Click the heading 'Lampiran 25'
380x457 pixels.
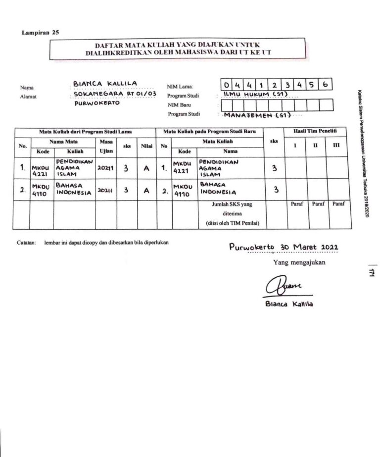[41, 33]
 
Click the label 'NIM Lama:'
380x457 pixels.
[180, 87]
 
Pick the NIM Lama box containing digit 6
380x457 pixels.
[325, 85]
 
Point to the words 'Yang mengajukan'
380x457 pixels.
[299, 262]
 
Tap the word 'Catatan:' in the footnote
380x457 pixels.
[25, 242]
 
